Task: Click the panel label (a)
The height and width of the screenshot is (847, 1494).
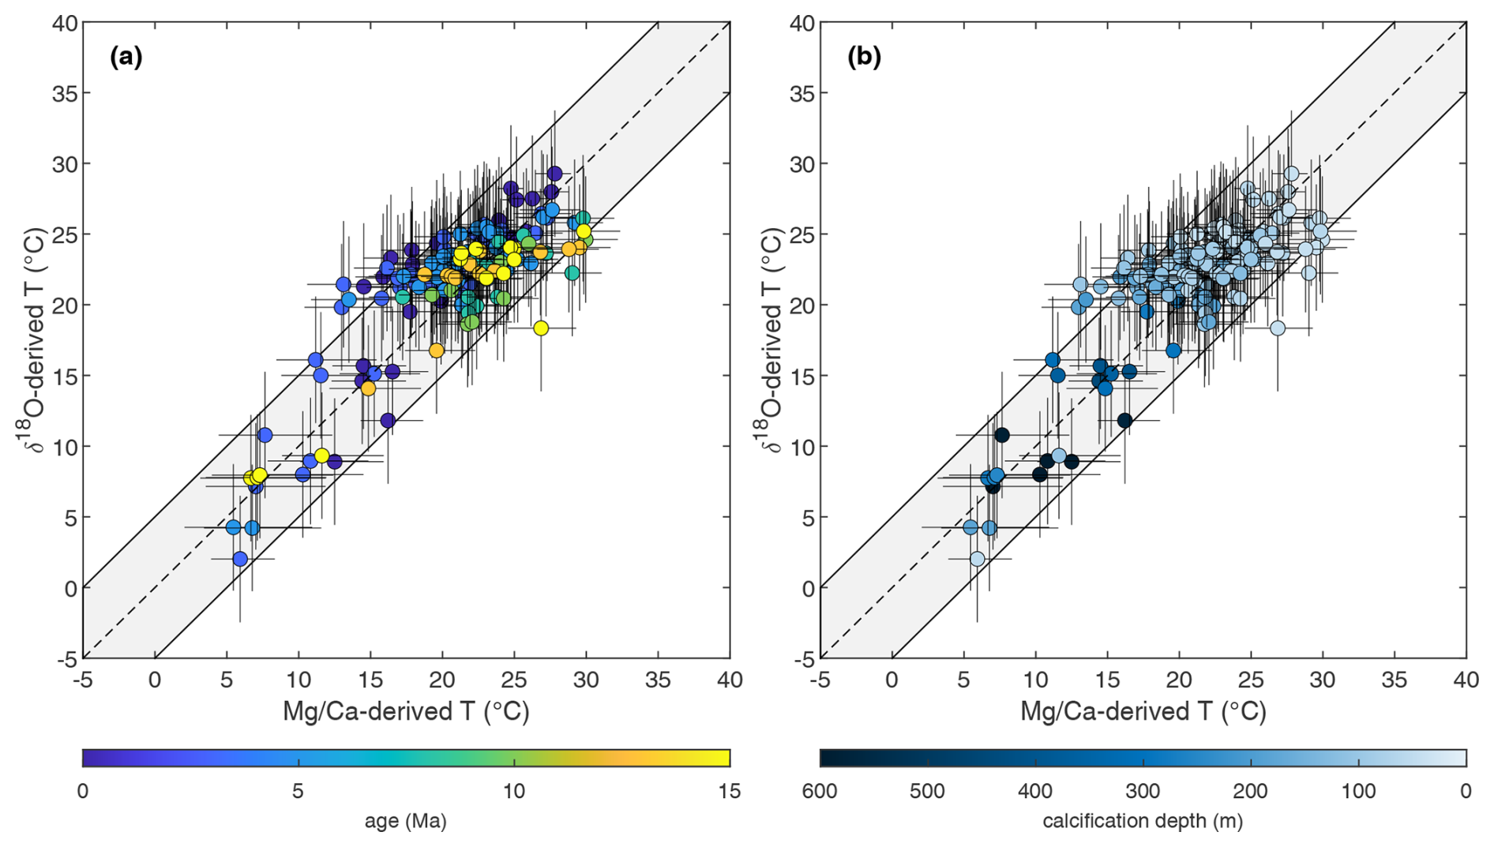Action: [x=126, y=57]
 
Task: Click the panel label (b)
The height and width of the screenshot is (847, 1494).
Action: [x=864, y=57]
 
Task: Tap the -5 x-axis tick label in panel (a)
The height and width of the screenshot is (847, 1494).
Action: [x=83, y=680]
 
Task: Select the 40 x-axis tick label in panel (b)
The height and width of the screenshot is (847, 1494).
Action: [x=1466, y=680]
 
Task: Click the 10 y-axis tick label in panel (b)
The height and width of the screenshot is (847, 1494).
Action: [x=803, y=447]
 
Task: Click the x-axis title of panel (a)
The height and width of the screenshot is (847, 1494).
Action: [x=406, y=711]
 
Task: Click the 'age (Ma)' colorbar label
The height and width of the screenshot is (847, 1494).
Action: [x=406, y=821]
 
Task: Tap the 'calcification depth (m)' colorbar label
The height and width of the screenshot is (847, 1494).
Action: [x=1143, y=821]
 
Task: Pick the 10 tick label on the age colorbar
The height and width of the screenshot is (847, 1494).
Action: [x=514, y=791]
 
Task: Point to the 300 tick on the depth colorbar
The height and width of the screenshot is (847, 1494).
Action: [x=1143, y=791]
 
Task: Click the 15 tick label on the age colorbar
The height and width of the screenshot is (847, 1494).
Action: [x=730, y=791]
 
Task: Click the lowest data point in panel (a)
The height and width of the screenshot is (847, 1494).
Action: [x=240, y=559]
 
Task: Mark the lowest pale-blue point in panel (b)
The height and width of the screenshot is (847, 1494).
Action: [x=978, y=559]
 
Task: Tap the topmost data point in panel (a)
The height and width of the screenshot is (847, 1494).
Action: [x=554, y=174]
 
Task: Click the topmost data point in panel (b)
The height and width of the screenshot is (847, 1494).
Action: [x=1291, y=174]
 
